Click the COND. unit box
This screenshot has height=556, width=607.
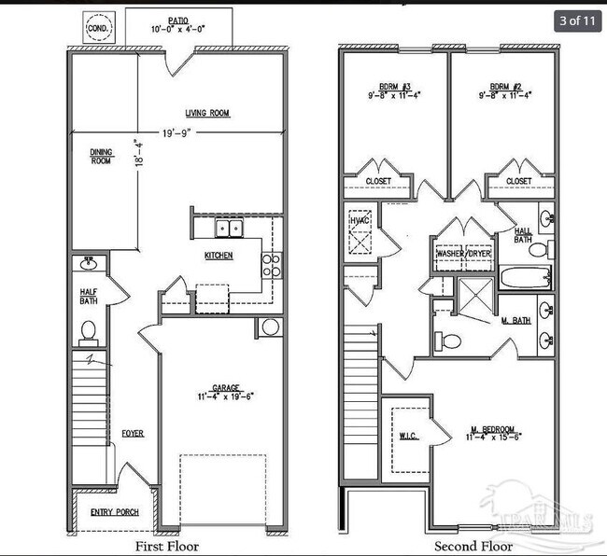[98, 28]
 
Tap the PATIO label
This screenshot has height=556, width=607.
[178, 20]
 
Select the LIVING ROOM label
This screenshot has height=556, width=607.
[207, 114]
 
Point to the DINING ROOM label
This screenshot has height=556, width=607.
[103, 156]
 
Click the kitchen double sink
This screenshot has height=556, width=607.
[229, 228]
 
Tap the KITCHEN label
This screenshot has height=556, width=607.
[219, 256]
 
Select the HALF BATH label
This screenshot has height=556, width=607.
[89, 296]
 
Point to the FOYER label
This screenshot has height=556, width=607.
[132, 434]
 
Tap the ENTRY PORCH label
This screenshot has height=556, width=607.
[114, 512]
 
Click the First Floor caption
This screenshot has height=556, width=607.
[167, 546]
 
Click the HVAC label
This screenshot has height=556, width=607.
[360, 220]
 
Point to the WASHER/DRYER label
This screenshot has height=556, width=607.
[463, 253]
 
